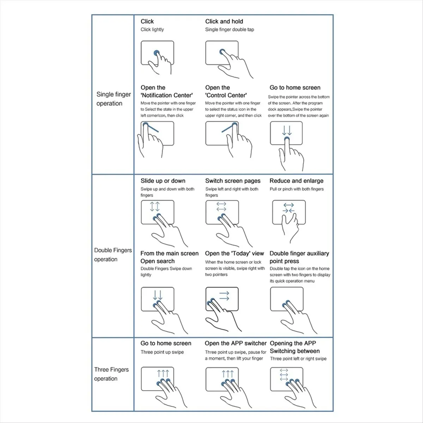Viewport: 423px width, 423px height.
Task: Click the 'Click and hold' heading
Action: pyautogui.click(x=224, y=22)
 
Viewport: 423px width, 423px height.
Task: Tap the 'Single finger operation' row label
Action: pyautogui.click(x=113, y=99)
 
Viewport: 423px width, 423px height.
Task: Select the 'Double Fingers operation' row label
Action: pyautogui.click(x=113, y=255)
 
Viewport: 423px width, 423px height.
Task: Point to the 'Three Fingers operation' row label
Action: pyautogui.click(x=111, y=374)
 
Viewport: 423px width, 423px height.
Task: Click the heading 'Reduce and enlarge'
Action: pyautogui.click(x=296, y=181)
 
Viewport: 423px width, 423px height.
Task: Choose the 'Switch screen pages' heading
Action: pyautogui.click(x=233, y=181)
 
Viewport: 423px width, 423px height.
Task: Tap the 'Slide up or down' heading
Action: pyautogui.click(x=163, y=181)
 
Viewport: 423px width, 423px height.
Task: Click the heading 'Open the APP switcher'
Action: pyautogui.click(x=235, y=343)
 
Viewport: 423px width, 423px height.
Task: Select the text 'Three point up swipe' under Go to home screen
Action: pyautogui.click(x=162, y=352)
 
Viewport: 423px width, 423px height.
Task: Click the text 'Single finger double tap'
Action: pyautogui.click(x=229, y=30)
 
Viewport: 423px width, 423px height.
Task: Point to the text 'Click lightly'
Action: pyautogui.click(x=152, y=30)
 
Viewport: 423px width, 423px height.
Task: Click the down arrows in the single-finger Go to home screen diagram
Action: pyautogui.click(x=287, y=131)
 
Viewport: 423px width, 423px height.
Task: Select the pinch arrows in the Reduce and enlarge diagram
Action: pyautogui.click(x=289, y=208)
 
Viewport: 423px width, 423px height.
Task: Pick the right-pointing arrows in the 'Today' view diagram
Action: pyautogui.click(x=224, y=296)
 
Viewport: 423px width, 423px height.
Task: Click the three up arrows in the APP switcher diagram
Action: pyautogui.click(x=228, y=374)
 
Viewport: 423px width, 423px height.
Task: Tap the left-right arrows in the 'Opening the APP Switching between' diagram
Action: pyautogui.click(x=284, y=375)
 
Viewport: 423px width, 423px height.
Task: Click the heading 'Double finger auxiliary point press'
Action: pyautogui.click(x=299, y=257)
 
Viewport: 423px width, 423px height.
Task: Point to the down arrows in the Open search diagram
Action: pyautogui.click(x=158, y=295)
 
